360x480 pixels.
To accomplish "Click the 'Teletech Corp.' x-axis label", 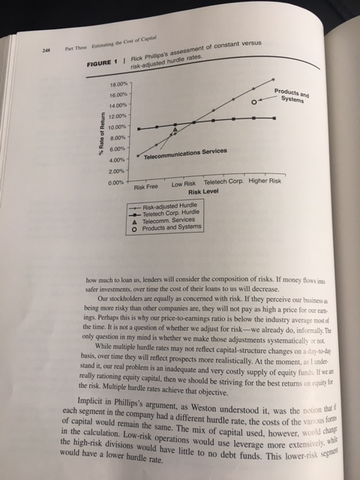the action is click(223, 182).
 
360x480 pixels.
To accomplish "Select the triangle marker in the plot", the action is click(176, 130).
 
